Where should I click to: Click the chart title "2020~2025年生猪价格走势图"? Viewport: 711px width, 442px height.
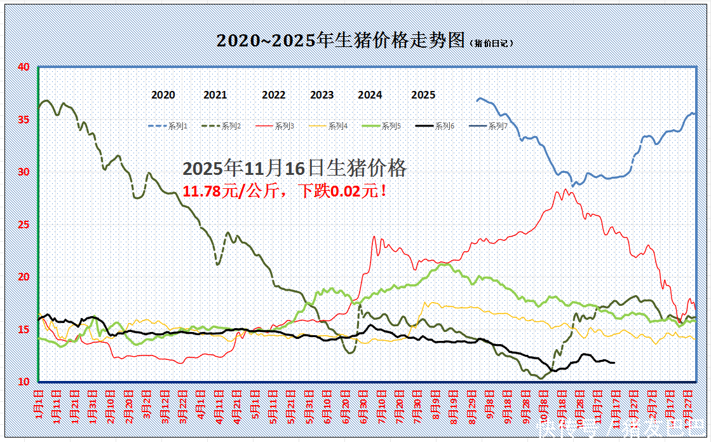point(342,41)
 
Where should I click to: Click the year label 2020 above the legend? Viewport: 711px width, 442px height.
point(163,95)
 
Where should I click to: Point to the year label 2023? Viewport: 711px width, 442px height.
point(322,95)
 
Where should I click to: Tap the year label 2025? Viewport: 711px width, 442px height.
point(423,95)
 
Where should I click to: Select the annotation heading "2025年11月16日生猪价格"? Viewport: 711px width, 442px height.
point(294,169)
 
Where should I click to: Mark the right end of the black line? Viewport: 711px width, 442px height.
point(614,363)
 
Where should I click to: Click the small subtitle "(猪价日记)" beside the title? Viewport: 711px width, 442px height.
point(491,43)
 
